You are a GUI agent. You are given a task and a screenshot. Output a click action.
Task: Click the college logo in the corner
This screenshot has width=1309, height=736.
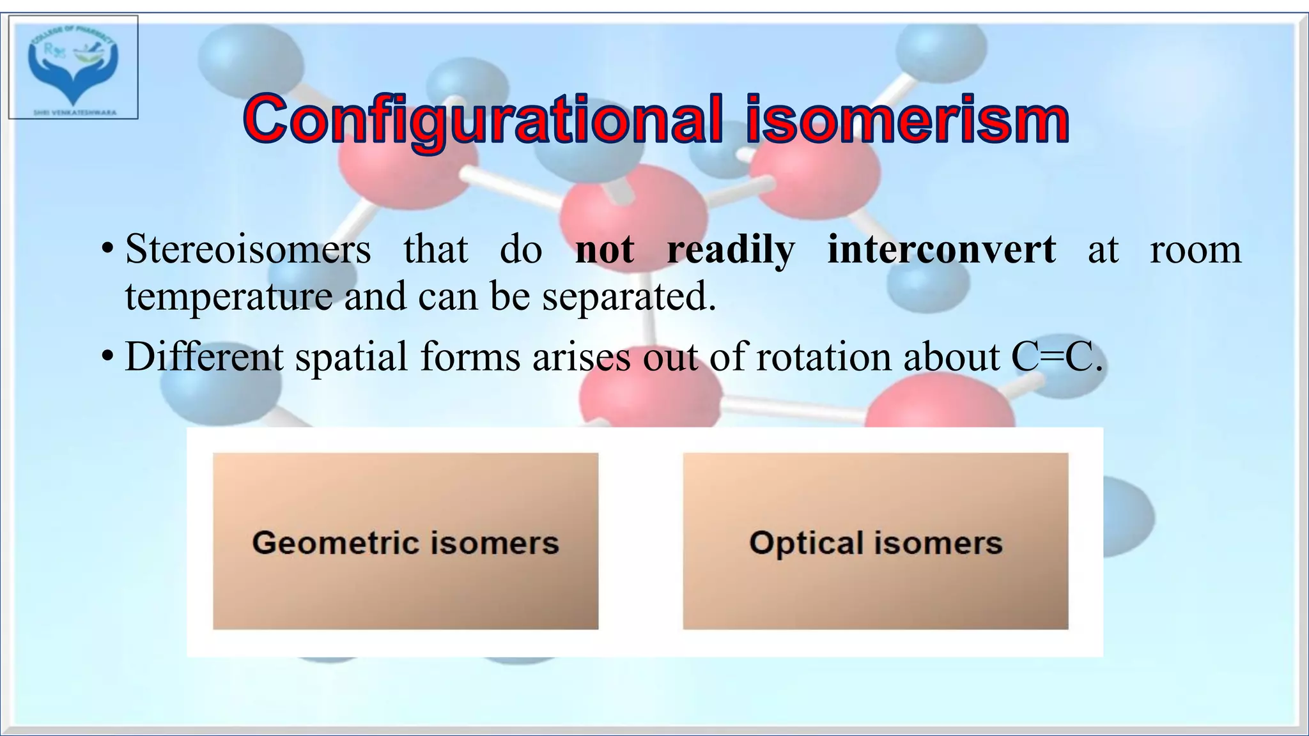[x=73, y=67]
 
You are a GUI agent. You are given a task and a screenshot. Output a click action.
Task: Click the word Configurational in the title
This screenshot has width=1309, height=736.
[x=483, y=120]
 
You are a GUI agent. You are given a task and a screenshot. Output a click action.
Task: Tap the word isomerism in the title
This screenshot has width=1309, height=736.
[x=907, y=120]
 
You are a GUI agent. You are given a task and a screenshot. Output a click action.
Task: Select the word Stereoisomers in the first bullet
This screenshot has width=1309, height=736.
[x=248, y=249]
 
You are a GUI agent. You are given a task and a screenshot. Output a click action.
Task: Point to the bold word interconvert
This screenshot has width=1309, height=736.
[x=941, y=249]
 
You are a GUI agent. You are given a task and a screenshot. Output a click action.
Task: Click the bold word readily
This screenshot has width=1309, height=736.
[x=731, y=249]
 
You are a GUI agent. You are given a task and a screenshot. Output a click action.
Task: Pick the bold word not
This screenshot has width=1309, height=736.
[x=605, y=249]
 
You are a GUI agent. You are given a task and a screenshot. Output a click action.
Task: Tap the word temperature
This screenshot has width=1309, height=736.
[x=229, y=297]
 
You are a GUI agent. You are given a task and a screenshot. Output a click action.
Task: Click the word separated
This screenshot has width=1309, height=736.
[x=629, y=297]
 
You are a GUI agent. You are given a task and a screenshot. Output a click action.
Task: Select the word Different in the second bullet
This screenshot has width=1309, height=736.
[x=204, y=356]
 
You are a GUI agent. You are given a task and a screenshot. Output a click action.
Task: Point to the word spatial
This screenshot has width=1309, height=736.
[x=351, y=356]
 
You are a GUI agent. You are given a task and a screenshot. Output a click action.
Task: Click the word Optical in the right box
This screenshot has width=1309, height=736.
[x=806, y=543]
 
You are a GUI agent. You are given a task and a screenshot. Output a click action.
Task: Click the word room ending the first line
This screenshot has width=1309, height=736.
[x=1195, y=249]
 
